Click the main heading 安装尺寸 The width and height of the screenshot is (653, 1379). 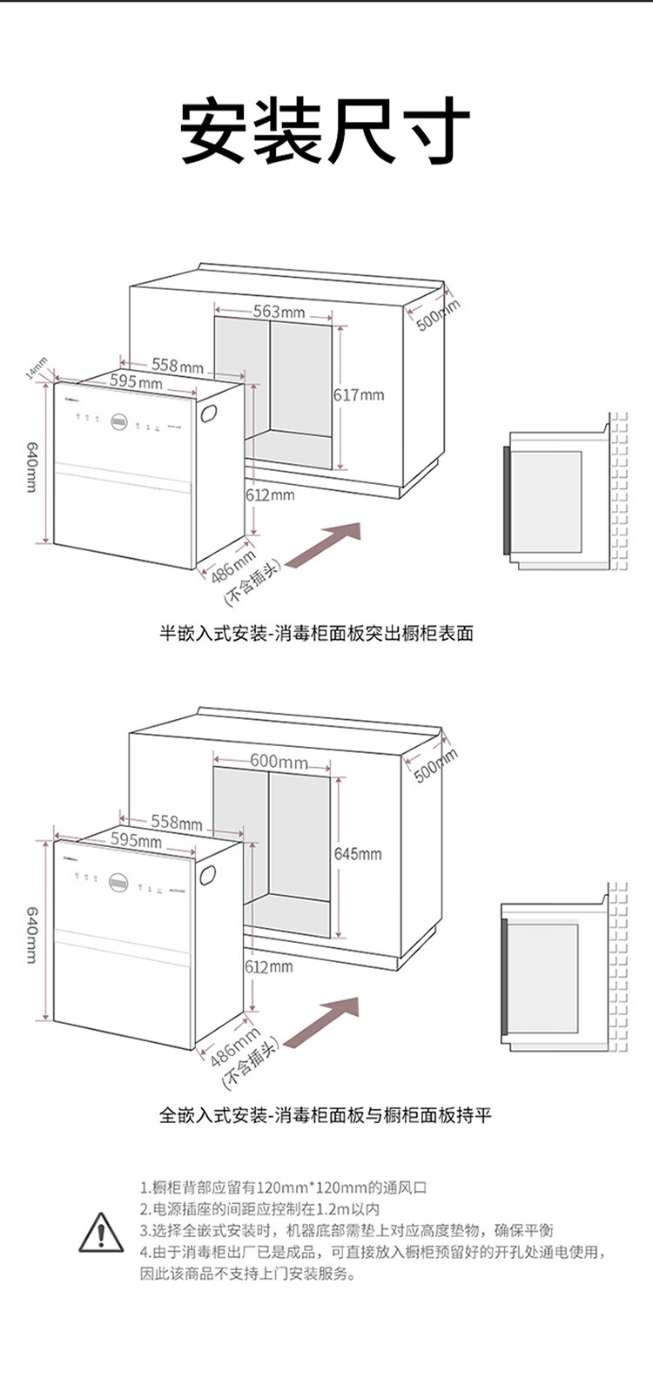326,132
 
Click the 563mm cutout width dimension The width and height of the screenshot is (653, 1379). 279,312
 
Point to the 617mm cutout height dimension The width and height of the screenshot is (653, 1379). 359,395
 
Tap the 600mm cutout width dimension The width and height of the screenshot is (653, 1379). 279,761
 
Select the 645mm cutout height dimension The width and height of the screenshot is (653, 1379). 358,854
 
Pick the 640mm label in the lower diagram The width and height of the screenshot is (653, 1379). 32,934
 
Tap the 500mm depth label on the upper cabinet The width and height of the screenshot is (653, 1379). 437,314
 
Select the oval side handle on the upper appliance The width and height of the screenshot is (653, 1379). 211,413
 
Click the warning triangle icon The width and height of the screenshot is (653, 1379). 101,1232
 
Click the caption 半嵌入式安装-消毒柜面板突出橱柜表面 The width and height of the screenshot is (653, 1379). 316,633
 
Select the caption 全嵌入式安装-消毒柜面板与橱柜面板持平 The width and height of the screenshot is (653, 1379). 325,1114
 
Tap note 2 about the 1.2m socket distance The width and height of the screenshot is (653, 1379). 259,1209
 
